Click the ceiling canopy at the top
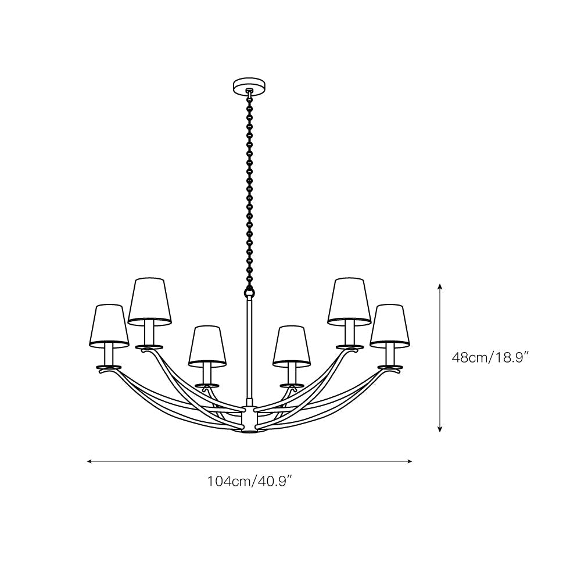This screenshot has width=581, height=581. point(249,86)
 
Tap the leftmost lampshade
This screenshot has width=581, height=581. point(110,325)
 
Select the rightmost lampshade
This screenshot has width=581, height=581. point(390,325)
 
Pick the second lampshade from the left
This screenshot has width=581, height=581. point(150,300)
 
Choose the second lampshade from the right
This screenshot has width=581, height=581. point(349,300)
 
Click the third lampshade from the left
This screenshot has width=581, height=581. point(207,346)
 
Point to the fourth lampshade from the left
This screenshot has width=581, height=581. point(292,346)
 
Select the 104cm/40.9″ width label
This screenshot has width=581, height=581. point(249,481)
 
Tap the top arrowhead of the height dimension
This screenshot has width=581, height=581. point(440,286)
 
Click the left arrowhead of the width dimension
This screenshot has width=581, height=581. point(89,461)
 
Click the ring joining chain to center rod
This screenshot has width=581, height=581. point(250,290)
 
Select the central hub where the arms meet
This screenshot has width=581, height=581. point(249,419)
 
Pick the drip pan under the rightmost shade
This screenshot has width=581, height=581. point(389,367)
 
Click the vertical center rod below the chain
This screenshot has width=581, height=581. point(250,349)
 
